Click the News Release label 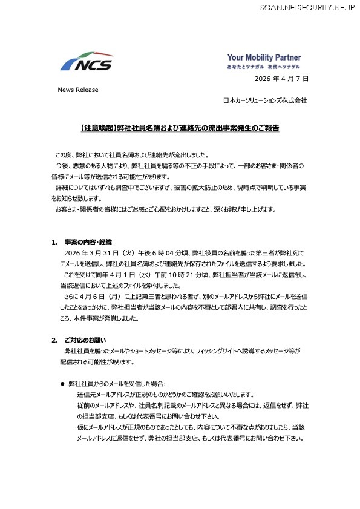77,90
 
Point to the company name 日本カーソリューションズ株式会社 265,100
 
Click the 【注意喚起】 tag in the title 97,129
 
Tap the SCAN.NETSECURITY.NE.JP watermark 308,7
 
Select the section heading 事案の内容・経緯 88,242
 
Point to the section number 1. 54,242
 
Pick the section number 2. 54,340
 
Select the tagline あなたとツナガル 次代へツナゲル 268,67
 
